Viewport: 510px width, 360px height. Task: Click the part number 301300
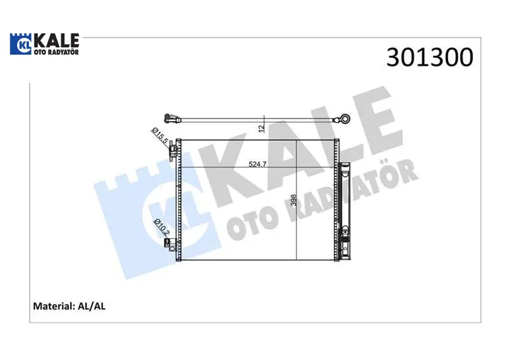click(430, 57)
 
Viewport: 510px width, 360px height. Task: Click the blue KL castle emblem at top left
click(22, 44)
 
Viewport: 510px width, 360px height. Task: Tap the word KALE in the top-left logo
click(57, 40)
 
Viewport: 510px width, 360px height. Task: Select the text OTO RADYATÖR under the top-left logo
click(56, 52)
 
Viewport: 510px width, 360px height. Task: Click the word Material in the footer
click(54, 306)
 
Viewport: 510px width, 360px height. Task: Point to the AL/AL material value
click(92, 306)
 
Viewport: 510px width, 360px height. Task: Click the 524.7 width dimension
click(258, 164)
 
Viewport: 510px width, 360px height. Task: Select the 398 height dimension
click(294, 200)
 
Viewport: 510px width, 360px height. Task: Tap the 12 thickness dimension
click(262, 128)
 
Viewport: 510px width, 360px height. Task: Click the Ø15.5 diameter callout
click(160, 136)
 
